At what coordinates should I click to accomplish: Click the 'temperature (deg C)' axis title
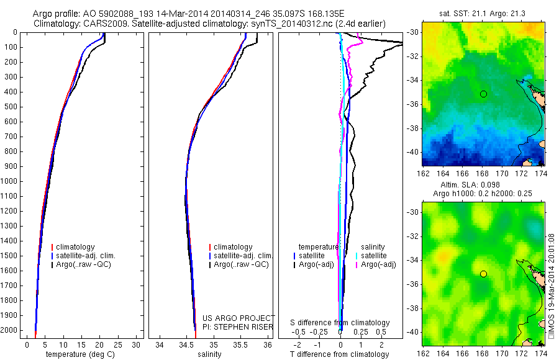pos(80,354)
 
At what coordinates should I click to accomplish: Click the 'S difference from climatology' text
pos(340,323)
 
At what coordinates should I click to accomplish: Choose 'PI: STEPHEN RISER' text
pos(238,326)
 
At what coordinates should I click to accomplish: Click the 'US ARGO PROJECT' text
pos(238,318)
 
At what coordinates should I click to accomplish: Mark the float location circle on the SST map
pos(483,94)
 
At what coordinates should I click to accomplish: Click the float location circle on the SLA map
pos(483,274)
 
